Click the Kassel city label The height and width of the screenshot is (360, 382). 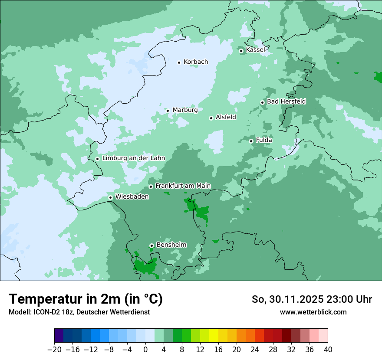pyautogui.click(x=255, y=50)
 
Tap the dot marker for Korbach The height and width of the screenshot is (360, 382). pyautogui.click(x=179, y=62)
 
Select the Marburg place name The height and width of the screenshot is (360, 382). pyautogui.click(x=185, y=110)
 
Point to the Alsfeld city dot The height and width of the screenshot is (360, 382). pyautogui.click(x=211, y=118)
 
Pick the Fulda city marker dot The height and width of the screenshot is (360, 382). pyautogui.click(x=251, y=141)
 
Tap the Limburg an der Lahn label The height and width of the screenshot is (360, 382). pyautogui.click(x=133, y=158)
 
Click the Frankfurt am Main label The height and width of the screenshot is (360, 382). pyautogui.click(x=183, y=186)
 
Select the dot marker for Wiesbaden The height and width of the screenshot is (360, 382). pyautogui.click(x=111, y=198)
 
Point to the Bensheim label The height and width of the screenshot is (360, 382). pyautogui.click(x=171, y=245)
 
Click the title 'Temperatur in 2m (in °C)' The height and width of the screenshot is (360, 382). pyautogui.click(x=86, y=299)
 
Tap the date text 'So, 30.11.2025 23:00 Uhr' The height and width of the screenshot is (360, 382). pyautogui.click(x=312, y=299)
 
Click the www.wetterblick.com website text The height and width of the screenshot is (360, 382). pyautogui.click(x=313, y=312)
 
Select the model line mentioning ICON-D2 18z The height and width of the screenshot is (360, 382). pyautogui.click(x=79, y=312)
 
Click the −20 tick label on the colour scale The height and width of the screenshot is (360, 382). pyautogui.click(x=54, y=350)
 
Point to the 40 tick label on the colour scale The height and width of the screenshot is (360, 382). pyautogui.click(x=328, y=350)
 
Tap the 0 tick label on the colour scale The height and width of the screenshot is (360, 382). pyautogui.click(x=145, y=350)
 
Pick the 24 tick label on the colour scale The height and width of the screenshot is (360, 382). pyautogui.click(x=255, y=350)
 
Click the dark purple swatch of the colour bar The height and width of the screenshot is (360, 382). pyautogui.click(x=59, y=336)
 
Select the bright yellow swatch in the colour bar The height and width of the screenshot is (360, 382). pyautogui.click(x=214, y=336)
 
